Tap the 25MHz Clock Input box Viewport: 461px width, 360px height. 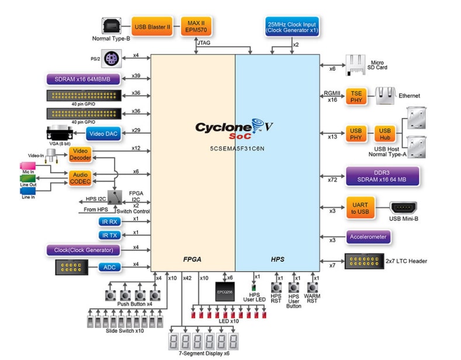[x=291, y=27]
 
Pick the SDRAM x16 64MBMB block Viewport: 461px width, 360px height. [x=83, y=79]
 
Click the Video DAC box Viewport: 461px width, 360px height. [x=105, y=134]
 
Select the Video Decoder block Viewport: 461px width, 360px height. [x=79, y=155]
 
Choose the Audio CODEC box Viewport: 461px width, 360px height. [x=79, y=178]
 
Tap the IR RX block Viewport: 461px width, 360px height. [x=110, y=222]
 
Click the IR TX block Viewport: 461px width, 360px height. [x=110, y=235]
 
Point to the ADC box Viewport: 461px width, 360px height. [x=109, y=267]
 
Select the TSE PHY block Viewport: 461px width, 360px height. [x=356, y=96]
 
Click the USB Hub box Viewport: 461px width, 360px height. [x=384, y=134]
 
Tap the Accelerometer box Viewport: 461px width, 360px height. [x=368, y=237]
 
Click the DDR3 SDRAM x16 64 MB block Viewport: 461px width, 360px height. [x=382, y=176]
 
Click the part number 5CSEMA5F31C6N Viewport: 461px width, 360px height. [x=237, y=149]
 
